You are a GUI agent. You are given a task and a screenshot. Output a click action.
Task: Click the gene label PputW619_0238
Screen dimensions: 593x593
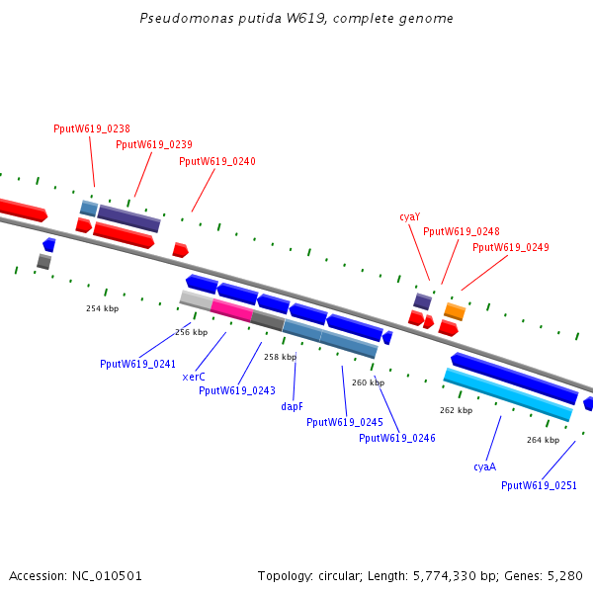(x=92, y=128)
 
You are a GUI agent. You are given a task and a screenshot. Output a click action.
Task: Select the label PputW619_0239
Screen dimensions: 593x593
(x=154, y=144)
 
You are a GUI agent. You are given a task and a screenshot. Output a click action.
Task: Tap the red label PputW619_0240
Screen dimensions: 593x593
(x=217, y=161)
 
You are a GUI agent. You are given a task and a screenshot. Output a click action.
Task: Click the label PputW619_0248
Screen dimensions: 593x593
(x=462, y=231)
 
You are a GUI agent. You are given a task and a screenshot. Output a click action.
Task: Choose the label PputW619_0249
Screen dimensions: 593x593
(x=511, y=247)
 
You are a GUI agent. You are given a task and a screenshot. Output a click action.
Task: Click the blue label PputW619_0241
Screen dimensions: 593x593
(x=137, y=364)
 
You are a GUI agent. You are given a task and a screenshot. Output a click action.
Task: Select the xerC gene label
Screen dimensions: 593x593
(x=194, y=377)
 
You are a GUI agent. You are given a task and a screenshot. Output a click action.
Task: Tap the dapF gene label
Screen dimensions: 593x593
(x=292, y=406)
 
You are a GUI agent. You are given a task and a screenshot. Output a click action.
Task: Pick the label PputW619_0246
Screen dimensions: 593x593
(x=397, y=438)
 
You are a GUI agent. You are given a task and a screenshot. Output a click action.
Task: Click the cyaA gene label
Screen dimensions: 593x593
(x=484, y=466)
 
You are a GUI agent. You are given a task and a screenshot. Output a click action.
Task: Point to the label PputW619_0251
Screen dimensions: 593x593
(x=539, y=485)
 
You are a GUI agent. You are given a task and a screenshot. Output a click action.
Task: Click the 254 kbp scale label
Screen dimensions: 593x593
(x=102, y=308)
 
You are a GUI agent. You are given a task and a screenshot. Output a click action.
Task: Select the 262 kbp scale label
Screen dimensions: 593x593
(x=456, y=410)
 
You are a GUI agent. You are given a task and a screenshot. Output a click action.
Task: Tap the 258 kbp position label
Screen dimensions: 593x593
(x=280, y=357)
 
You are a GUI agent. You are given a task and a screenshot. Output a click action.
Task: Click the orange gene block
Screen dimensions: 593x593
(x=455, y=311)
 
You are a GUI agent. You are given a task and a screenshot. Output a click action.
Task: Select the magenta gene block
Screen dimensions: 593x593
(x=231, y=309)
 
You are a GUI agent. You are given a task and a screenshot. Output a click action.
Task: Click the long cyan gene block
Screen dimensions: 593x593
(x=507, y=394)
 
